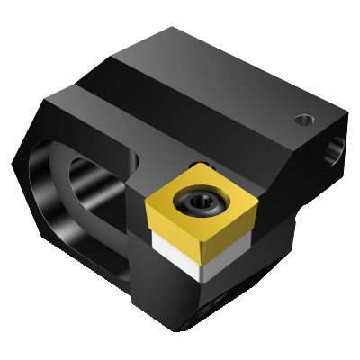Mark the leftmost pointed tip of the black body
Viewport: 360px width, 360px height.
point(13,163)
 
